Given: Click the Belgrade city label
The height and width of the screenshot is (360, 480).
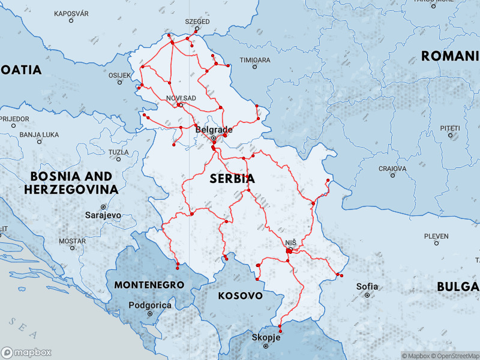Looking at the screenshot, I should (214, 130).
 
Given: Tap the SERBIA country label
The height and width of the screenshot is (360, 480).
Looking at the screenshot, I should (232, 179).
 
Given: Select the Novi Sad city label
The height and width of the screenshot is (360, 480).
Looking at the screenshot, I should (181, 98).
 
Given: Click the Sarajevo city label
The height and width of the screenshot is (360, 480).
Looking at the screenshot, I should (103, 214).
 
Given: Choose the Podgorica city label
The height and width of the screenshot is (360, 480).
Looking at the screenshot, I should (151, 305).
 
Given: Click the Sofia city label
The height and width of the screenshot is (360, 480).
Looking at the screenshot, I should (367, 286).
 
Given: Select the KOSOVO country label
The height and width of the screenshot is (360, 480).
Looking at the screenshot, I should (240, 296).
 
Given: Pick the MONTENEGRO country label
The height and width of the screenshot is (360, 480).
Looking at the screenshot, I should (149, 284).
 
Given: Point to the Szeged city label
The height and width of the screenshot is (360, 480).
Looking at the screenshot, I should (198, 22).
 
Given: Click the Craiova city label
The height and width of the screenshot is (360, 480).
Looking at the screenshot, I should (392, 169).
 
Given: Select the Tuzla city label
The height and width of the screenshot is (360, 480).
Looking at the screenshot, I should (118, 152).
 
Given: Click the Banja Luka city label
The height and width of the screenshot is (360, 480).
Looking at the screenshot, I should (39, 135).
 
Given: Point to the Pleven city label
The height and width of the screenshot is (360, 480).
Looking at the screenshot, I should (436, 236).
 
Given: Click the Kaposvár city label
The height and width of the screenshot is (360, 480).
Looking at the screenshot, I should (71, 13).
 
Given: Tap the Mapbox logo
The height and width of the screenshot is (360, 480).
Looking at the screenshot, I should (26, 353).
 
